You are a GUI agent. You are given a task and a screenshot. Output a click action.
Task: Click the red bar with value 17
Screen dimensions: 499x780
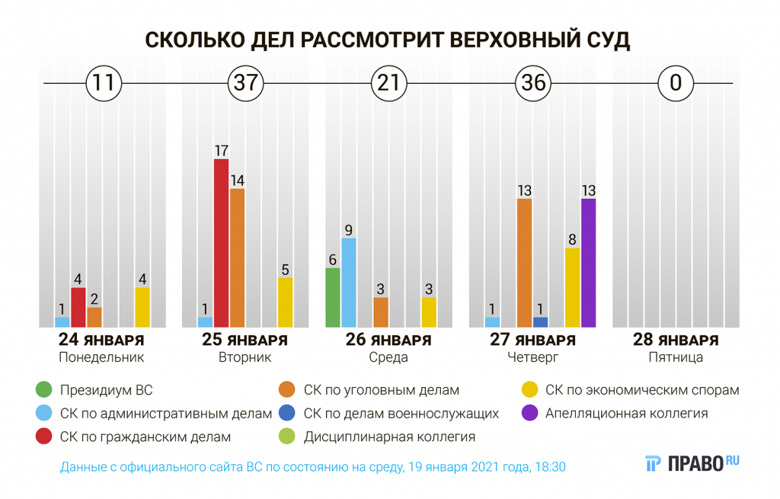[x=221, y=242]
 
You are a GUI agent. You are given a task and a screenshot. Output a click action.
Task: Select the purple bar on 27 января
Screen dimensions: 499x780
[x=588, y=263]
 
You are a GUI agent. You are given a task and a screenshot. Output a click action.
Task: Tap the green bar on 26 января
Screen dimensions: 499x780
[x=332, y=297]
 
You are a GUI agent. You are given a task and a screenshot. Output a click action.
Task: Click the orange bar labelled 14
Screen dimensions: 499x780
[x=237, y=257]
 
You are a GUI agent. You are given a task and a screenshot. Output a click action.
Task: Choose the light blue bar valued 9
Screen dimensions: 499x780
[x=349, y=282]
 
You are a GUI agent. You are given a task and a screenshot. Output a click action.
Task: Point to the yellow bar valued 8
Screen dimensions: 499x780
[x=572, y=287]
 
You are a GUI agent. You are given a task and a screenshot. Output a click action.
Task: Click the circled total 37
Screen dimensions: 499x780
[x=246, y=82]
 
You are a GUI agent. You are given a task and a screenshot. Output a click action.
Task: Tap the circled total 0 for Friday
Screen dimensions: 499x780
[x=675, y=82]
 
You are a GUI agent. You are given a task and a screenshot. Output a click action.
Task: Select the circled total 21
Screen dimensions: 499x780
[x=388, y=82]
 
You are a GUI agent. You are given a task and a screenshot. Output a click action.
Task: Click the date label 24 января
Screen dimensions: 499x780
[x=101, y=340]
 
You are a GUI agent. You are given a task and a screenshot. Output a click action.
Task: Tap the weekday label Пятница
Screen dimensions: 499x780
[x=675, y=357]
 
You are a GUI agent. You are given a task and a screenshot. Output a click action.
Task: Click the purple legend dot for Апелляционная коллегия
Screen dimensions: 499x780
[x=529, y=414]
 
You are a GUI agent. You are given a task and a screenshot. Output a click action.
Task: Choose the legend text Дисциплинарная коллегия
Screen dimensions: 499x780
[x=389, y=437]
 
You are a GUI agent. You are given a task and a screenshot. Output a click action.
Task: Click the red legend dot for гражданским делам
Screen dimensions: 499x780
[x=44, y=437]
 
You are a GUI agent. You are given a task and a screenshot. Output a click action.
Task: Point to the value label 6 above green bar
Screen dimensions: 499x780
[x=332, y=259]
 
